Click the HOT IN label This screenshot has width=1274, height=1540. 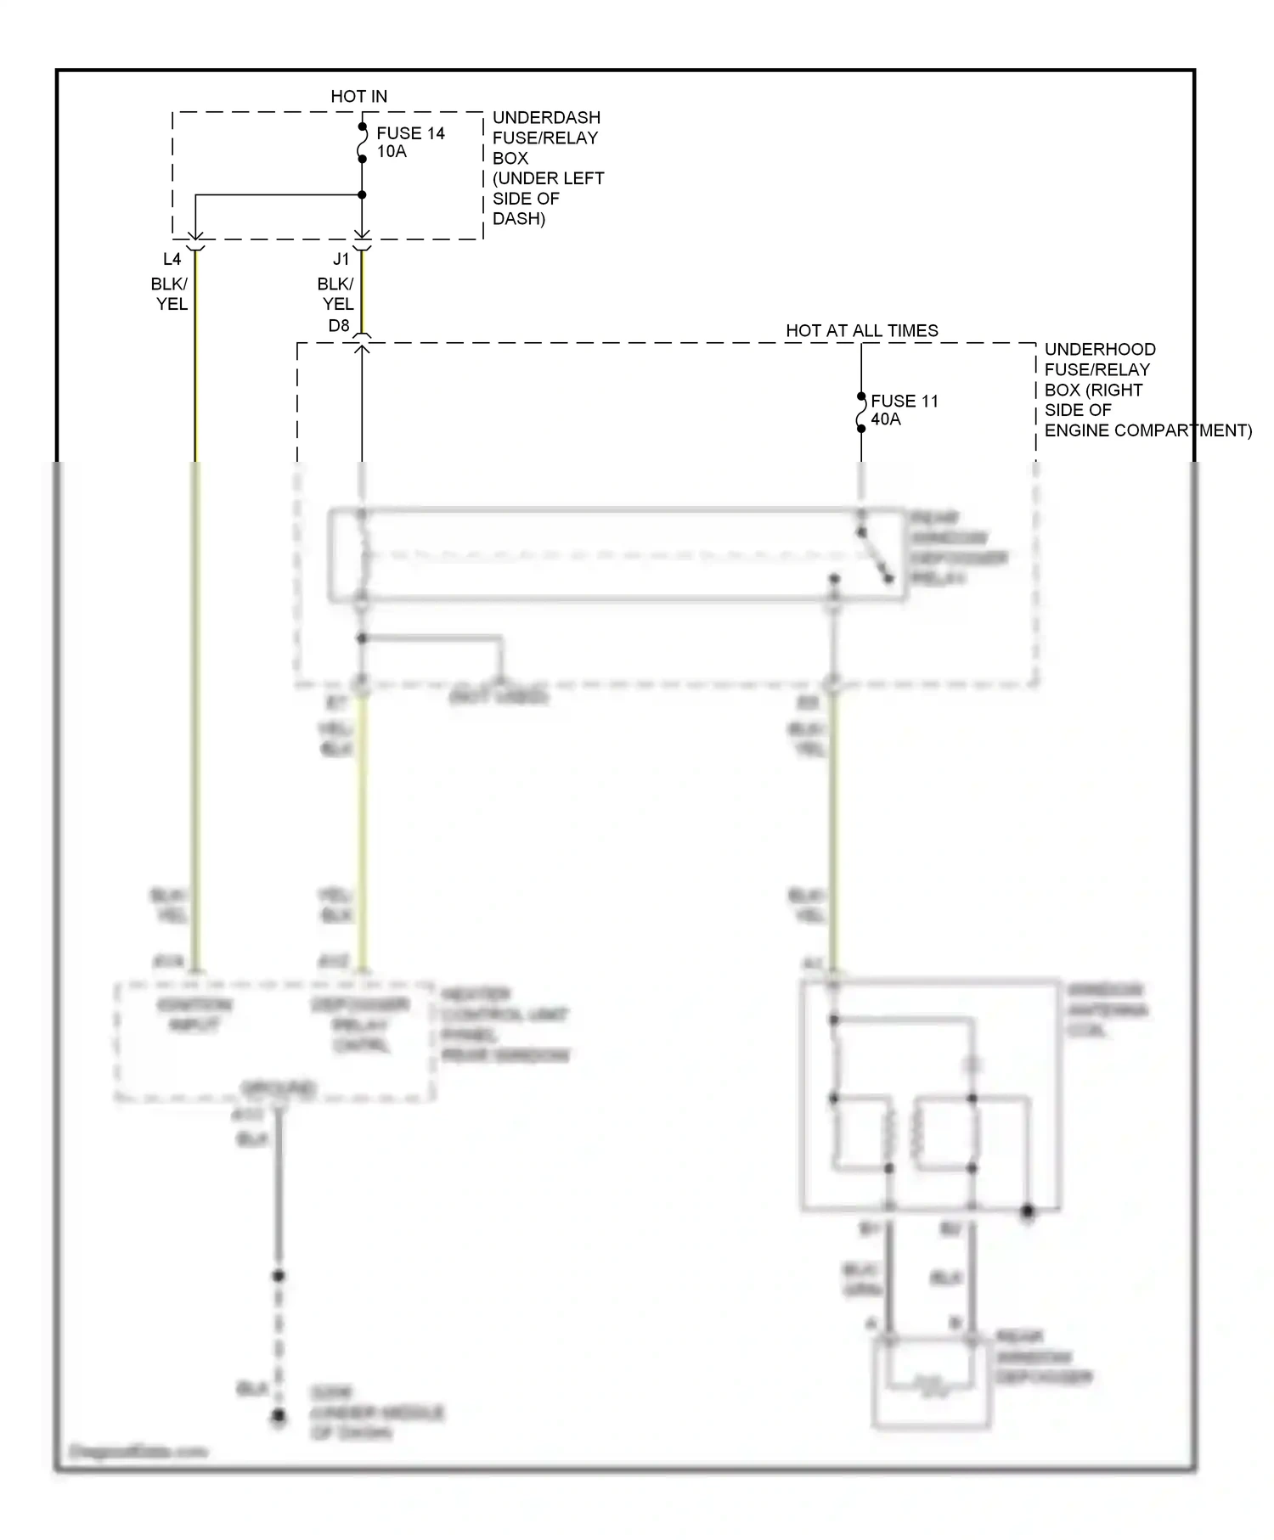coord(358,97)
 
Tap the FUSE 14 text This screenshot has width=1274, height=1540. coord(410,133)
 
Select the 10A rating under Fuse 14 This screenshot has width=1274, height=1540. coord(392,152)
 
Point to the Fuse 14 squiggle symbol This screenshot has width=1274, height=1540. coord(362,143)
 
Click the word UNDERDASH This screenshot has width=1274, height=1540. coord(546,118)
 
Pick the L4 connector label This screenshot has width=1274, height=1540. coord(172,260)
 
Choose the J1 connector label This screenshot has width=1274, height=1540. coord(341,260)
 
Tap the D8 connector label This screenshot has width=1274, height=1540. coord(339,326)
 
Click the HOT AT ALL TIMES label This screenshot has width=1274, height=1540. coord(861,331)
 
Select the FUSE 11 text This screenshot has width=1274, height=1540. coord(905,401)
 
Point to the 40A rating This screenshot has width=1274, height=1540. coord(886,419)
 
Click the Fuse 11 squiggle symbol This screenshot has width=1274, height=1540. coord(860,413)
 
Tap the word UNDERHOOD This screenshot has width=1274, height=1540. coord(1100,350)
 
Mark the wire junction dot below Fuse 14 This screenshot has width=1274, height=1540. coord(362,195)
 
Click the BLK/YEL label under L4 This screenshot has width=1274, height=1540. coord(170,294)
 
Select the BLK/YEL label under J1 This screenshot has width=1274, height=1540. coord(336,294)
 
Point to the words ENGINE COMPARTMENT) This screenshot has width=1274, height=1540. coord(1147,430)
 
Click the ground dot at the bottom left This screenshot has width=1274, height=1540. coord(278,1416)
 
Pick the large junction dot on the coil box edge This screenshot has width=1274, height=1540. coord(1028,1211)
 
